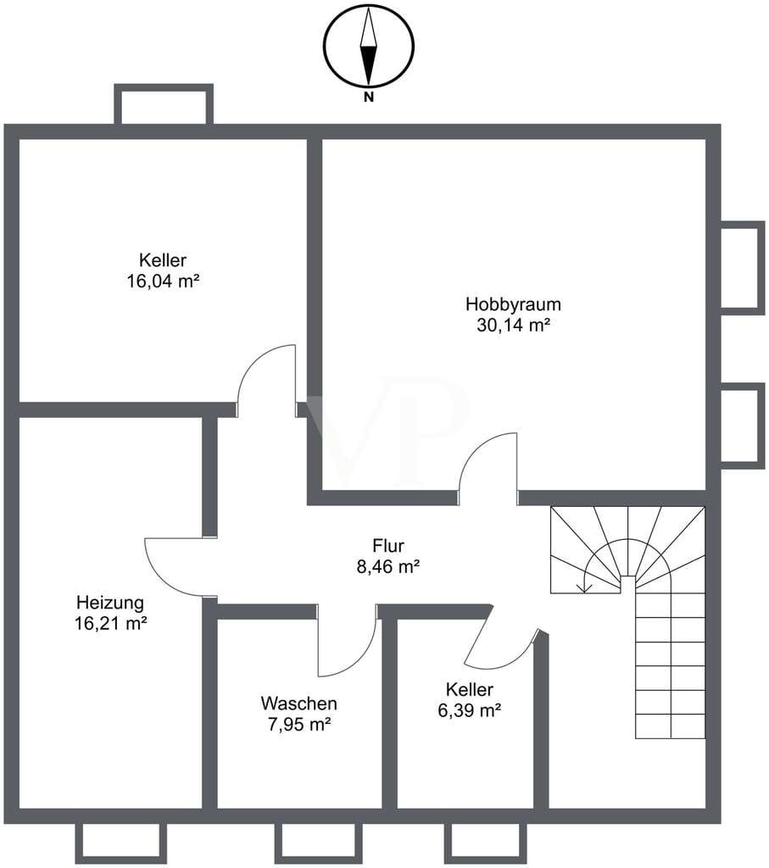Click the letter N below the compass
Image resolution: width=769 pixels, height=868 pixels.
tap(369, 98)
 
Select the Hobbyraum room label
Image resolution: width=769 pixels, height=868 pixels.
tap(513, 304)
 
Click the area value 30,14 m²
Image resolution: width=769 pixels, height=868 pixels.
tap(513, 325)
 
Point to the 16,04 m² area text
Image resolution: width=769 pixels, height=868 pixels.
tap(164, 281)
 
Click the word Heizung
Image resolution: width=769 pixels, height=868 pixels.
tap(110, 602)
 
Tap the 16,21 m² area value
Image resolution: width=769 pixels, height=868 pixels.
tap(111, 623)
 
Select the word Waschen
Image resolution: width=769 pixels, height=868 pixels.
tap(299, 703)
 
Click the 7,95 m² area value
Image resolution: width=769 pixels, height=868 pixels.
tap(299, 724)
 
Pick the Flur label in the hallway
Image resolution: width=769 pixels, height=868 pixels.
tap(388, 546)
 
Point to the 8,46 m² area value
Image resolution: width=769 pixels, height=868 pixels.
tap(388, 567)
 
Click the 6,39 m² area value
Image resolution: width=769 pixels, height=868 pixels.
tap(470, 710)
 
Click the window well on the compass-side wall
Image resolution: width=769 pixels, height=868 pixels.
tap(164, 103)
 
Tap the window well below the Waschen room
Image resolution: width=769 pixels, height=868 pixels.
tap(319, 843)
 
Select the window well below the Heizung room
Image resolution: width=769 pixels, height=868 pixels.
tap(120, 843)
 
